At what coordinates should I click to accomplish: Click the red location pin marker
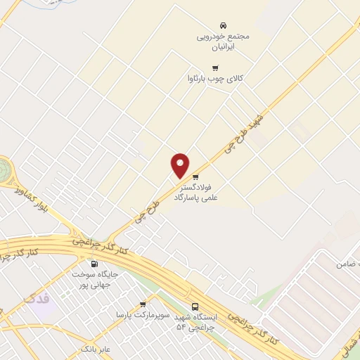tap(181, 165)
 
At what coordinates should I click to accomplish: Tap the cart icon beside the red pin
tap(195, 177)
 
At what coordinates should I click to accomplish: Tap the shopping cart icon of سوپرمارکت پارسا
tap(143, 304)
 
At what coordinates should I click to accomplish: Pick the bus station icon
tap(195, 306)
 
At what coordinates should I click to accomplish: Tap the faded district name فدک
tap(37, 298)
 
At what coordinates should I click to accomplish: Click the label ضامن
tap(348, 264)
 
